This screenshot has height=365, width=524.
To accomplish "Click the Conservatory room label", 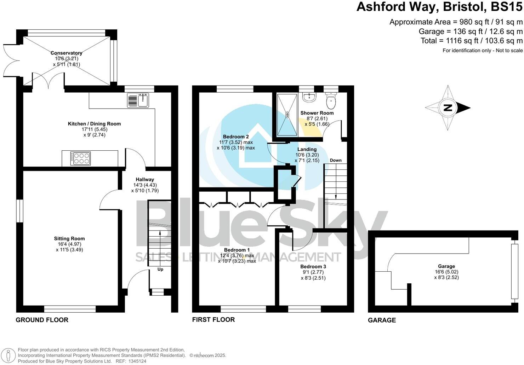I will pyautogui.click(x=66, y=53).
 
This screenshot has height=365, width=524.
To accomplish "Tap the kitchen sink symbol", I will pyautogui.click(x=138, y=100).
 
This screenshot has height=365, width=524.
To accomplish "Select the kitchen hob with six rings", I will pyautogui.click(x=80, y=158).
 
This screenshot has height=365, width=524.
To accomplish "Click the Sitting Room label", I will pyautogui.click(x=69, y=239).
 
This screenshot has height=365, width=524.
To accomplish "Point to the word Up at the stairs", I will pyautogui.click(x=160, y=270).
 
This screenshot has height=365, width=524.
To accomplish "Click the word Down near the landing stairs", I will pyautogui.click(x=336, y=160).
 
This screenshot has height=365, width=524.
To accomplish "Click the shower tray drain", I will pyautogui.click(x=287, y=114).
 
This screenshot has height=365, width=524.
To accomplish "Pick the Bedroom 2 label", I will pyautogui.click(x=236, y=137).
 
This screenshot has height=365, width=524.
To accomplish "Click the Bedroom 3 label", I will pyautogui.click(x=313, y=266).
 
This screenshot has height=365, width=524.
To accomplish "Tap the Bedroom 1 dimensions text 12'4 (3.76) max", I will pyautogui.click(x=237, y=255).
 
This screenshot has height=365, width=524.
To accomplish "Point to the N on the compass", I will pyautogui.click(x=448, y=108).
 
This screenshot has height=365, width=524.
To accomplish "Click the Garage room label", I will pyautogui.click(x=446, y=266).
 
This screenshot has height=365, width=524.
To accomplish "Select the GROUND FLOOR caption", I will pyautogui.click(x=42, y=320).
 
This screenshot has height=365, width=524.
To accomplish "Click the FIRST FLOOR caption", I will pyautogui.click(x=213, y=320).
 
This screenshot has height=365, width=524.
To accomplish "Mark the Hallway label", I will pyautogui.click(x=144, y=179).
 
